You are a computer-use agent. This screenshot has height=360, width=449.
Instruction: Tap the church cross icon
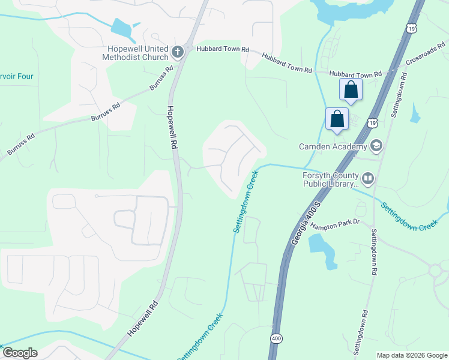[177, 52]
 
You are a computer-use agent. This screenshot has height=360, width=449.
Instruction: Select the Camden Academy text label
[333, 146]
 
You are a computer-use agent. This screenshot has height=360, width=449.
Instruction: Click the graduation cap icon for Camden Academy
[376, 146]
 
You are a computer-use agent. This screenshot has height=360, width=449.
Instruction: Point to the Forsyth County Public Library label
[330, 179]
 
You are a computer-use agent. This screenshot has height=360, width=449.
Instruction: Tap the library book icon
[367, 178]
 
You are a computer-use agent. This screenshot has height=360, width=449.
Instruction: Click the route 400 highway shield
[276, 338]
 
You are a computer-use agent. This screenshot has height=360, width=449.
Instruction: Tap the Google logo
[19, 353]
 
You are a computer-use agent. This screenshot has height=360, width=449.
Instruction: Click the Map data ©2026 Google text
[412, 355]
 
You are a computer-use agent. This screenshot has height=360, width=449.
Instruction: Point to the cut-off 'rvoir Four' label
[17, 76]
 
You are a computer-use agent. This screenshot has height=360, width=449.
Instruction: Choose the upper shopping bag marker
[351, 91]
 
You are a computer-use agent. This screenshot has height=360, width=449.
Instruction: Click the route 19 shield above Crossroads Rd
[411, 28]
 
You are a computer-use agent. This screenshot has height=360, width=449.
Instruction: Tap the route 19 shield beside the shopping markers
[373, 122]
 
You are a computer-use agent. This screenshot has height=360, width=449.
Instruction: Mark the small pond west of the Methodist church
[121, 28]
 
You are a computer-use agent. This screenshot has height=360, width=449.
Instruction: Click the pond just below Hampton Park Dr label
[322, 247]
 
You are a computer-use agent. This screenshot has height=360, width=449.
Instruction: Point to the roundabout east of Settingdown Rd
[437, 272]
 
